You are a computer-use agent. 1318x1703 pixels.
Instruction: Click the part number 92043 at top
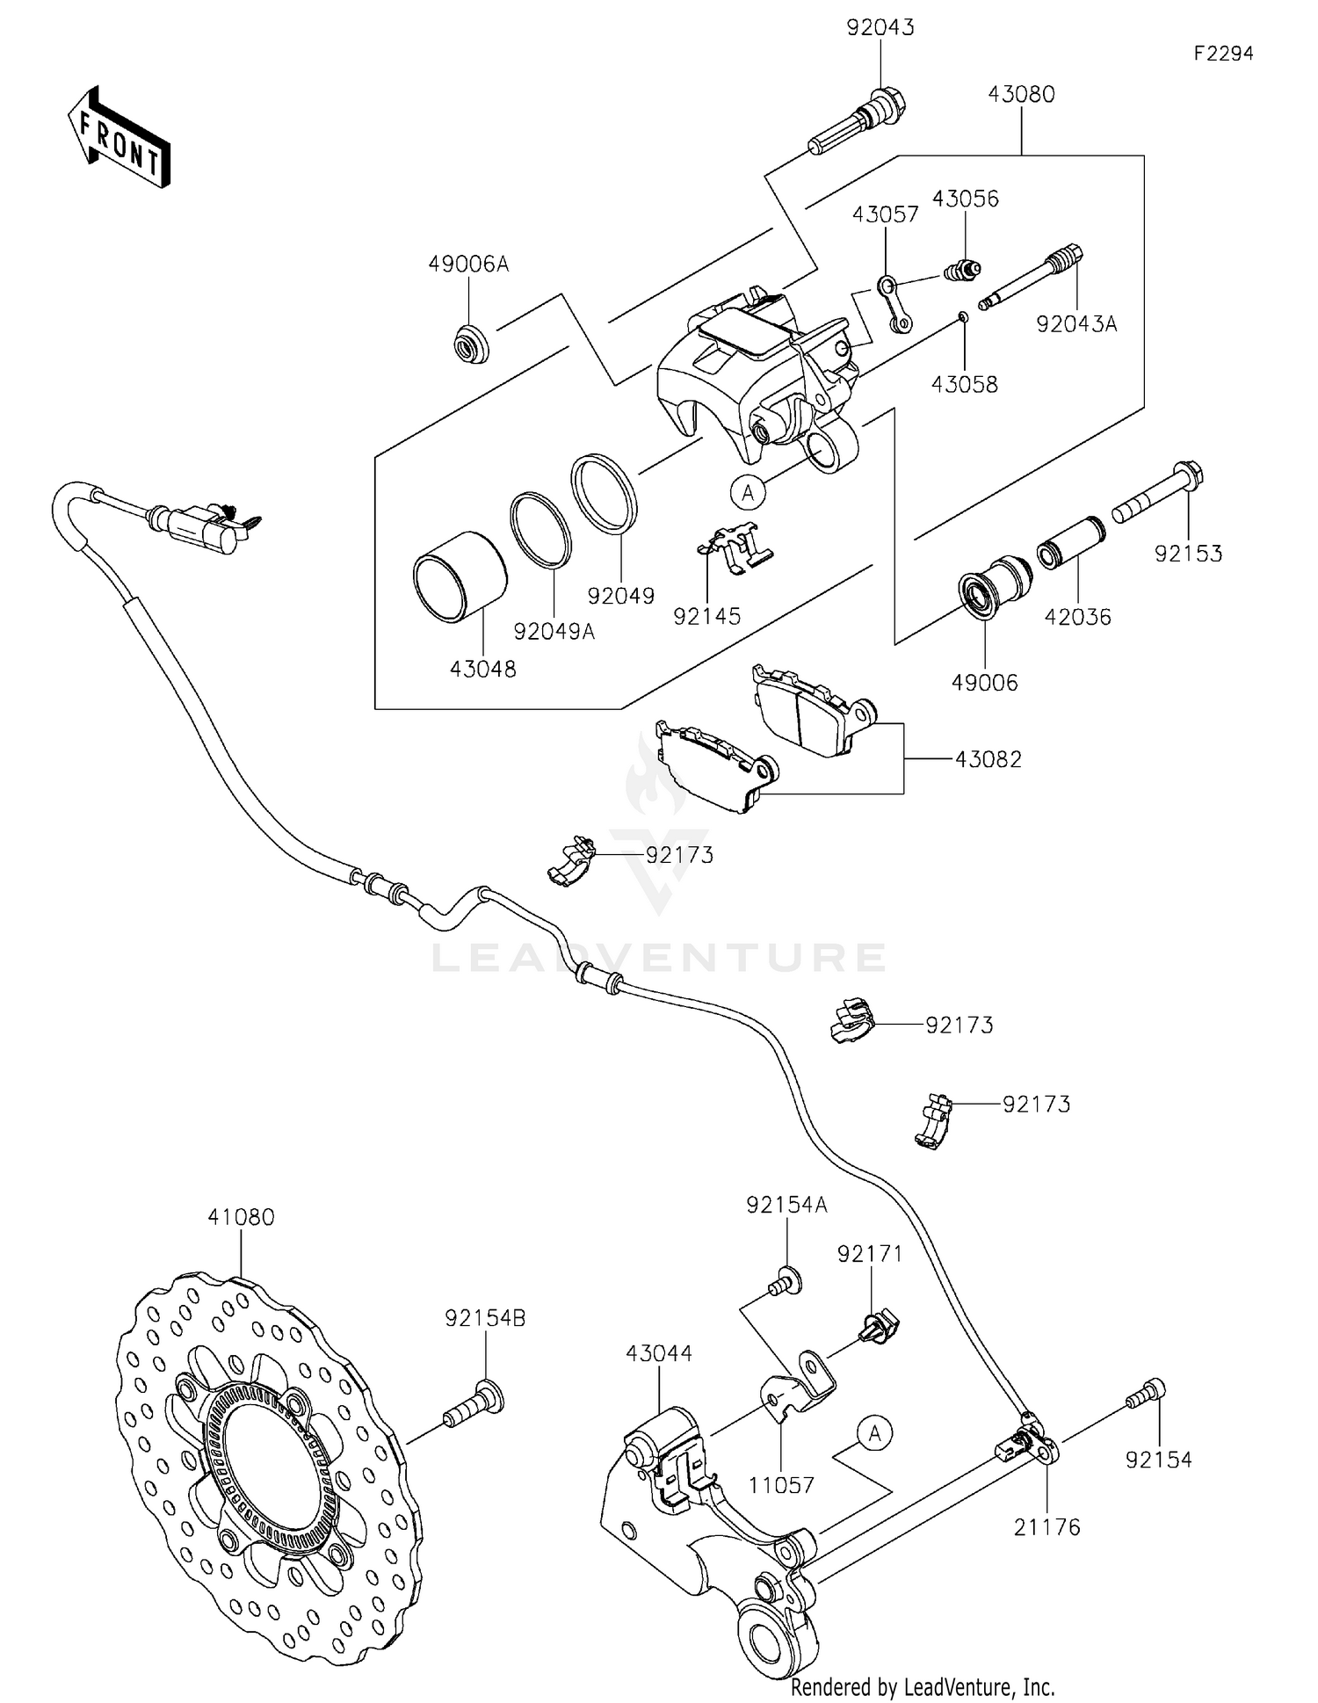tap(880, 27)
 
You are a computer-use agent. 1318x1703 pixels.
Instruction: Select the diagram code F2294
tap(1223, 54)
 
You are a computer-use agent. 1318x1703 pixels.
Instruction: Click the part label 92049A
tap(554, 631)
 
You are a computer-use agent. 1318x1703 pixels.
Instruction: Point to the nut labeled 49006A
tap(469, 343)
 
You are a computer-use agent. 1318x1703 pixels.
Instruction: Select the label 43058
tap(965, 384)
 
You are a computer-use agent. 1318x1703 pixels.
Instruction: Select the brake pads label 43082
tap(988, 759)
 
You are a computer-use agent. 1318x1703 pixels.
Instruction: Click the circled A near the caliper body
tap(748, 493)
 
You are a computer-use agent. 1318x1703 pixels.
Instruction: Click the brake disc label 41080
tap(241, 1217)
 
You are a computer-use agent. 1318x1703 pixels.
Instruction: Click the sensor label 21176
tap(1046, 1527)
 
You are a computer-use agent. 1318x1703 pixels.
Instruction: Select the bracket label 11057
tap(781, 1485)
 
